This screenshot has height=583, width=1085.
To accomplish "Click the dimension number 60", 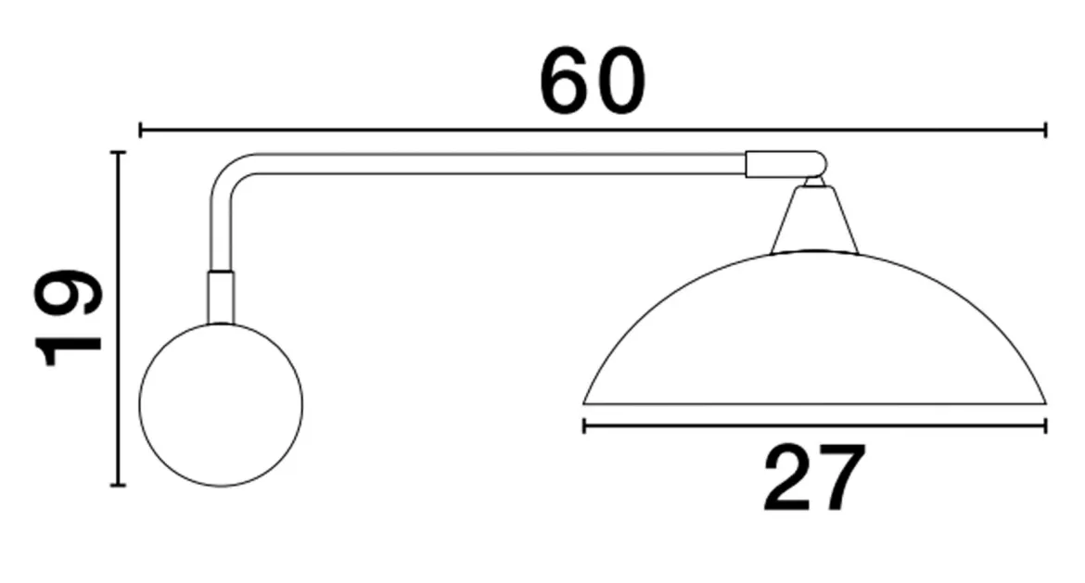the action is point(593,82).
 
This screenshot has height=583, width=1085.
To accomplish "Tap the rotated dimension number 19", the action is point(68,317).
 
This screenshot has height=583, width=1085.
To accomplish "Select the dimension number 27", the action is point(814,478).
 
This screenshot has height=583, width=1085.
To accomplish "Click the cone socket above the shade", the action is point(814,220).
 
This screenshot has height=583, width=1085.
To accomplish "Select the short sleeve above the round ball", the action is point(221,298).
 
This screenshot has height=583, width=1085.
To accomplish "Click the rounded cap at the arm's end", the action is point(786,165).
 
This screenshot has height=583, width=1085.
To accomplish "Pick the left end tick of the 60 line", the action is point(140,130).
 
